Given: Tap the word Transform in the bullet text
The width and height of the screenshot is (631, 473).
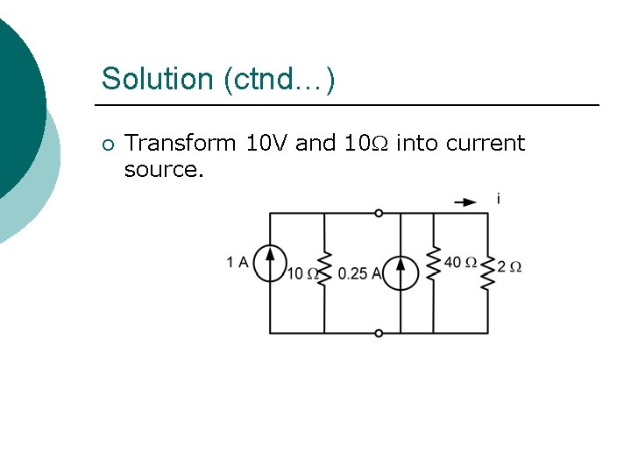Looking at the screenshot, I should click(180, 143).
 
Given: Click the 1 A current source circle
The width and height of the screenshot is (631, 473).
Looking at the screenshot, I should click(270, 262).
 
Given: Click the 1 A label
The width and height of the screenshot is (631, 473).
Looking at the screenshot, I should click(238, 261).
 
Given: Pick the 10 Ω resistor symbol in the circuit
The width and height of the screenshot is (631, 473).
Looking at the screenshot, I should click(324, 267).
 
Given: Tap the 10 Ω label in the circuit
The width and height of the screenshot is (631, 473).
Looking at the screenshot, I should click(301, 273).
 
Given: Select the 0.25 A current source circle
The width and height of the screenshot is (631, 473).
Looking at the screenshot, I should click(401, 272).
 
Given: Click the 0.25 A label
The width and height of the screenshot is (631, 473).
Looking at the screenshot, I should click(359, 273).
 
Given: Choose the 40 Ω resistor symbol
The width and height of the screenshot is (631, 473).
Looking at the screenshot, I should click(433, 262).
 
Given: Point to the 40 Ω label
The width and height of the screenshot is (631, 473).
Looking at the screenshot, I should click(460, 262).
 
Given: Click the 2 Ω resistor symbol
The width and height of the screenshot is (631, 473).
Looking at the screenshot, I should click(488, 272).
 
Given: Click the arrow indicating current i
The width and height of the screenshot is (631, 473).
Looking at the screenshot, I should click(465, 202).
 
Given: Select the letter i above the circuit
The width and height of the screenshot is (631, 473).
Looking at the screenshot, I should click(498, 200).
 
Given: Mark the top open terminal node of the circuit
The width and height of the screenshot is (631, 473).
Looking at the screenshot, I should click(379, 213).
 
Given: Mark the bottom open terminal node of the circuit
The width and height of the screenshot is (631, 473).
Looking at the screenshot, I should click(379, 333).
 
